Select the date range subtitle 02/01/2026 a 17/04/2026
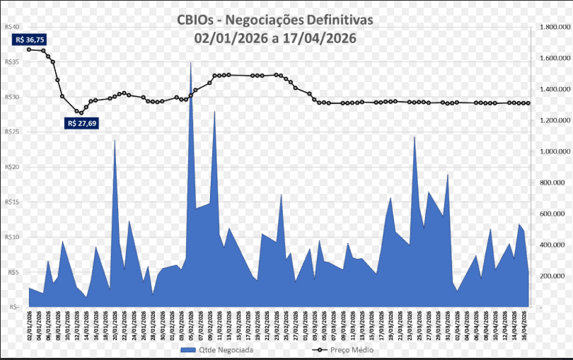point(276,37)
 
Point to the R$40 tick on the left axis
point(11,27)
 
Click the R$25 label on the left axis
point(11,132)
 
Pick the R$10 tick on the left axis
point(11,237)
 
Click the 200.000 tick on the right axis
point(555,276)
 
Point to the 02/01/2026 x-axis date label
point(30,327)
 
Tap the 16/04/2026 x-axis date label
point(524,327)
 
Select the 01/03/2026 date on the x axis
point(306,327)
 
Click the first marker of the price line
point(29,50)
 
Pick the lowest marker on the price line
point(81,112)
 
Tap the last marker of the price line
point(528,103)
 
